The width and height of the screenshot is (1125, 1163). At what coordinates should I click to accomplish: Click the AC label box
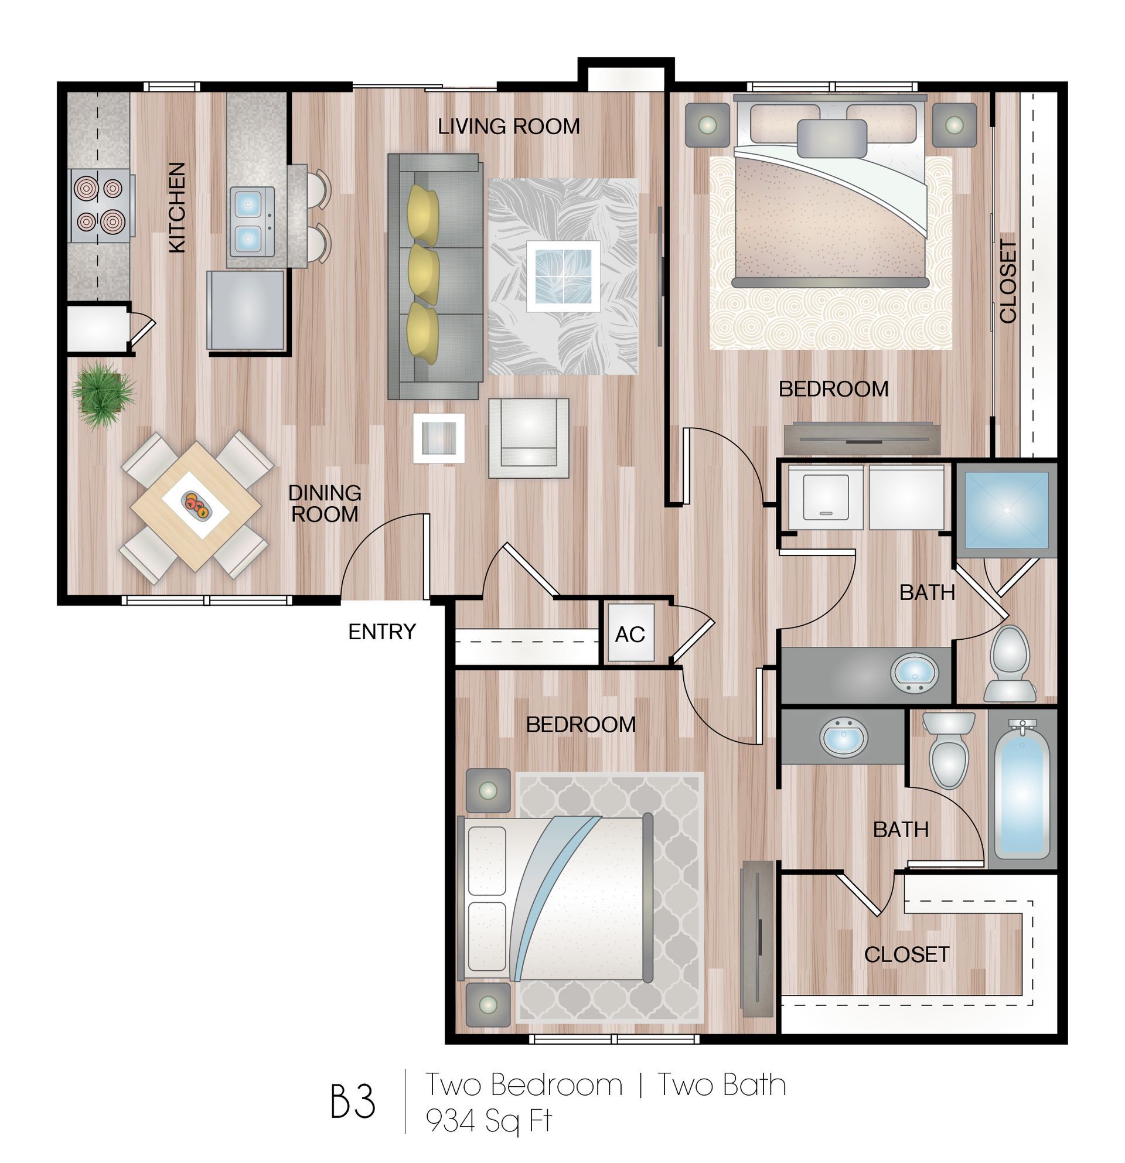point(629,634)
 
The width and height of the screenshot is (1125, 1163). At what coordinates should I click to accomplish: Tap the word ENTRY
point(381,632)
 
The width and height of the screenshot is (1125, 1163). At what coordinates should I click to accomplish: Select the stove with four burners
point(99,204)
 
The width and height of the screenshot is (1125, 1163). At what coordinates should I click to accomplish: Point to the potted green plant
point(102,394)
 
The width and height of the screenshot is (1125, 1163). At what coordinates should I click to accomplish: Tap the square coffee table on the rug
point(562,276)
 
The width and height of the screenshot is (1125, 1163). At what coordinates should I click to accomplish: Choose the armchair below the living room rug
point(528,438)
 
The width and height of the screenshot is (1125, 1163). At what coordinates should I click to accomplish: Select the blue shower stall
point(1005,509)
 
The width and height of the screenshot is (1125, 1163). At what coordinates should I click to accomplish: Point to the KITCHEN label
point(177,207)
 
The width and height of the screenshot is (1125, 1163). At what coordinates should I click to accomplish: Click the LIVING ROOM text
point(509,127)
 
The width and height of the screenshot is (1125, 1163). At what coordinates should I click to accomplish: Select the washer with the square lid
point(826,497)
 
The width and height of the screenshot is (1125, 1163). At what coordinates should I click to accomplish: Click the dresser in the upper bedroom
point(861,438)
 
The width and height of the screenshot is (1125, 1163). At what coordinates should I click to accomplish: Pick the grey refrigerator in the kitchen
point(246,310)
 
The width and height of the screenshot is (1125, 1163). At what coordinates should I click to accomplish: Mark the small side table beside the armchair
point(438,438)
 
